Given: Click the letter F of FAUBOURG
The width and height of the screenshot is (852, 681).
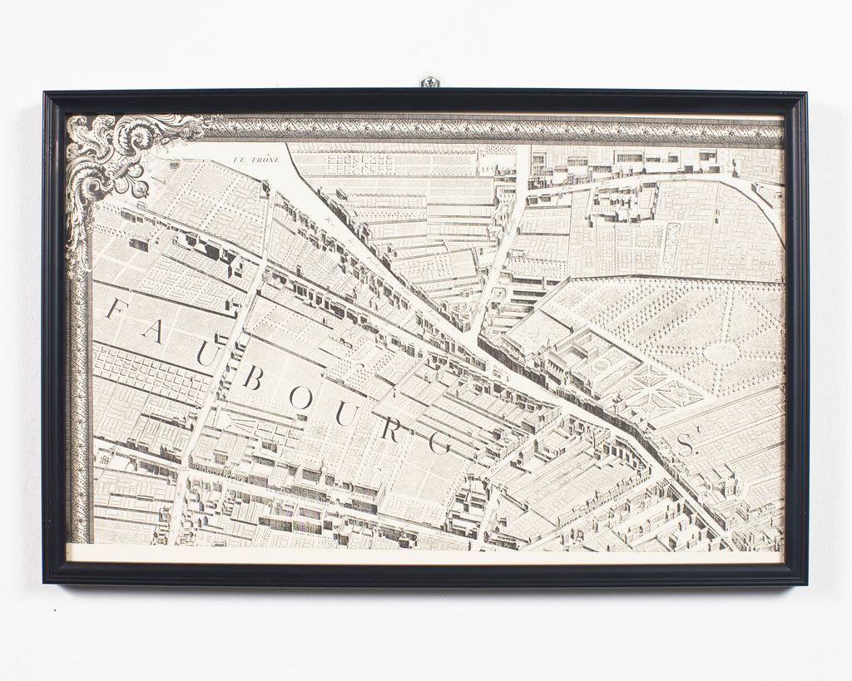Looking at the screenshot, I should click(x=117, y=309).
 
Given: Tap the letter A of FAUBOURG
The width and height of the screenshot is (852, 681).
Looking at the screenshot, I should click(x=152, y=331).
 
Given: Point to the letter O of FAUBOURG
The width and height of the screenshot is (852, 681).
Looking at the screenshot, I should click(x=300, y=398).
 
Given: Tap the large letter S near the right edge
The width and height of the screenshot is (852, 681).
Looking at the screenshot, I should click(x=684, y=445).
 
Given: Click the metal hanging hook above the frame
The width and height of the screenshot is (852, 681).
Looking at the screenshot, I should click(x=429, y=82).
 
